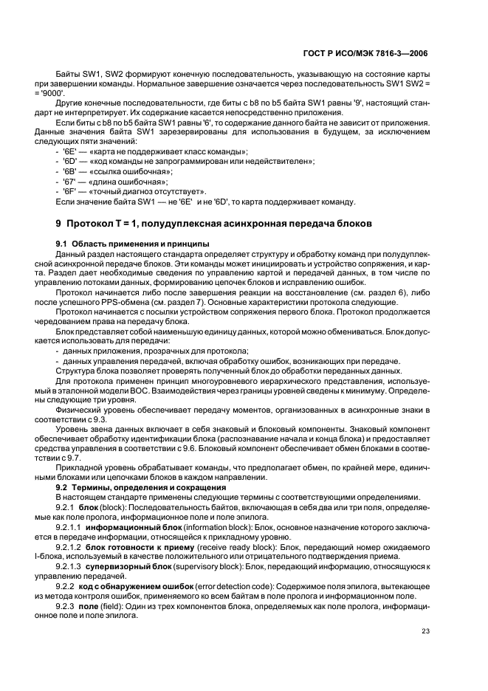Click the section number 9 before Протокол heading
click(x=58, y=223)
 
